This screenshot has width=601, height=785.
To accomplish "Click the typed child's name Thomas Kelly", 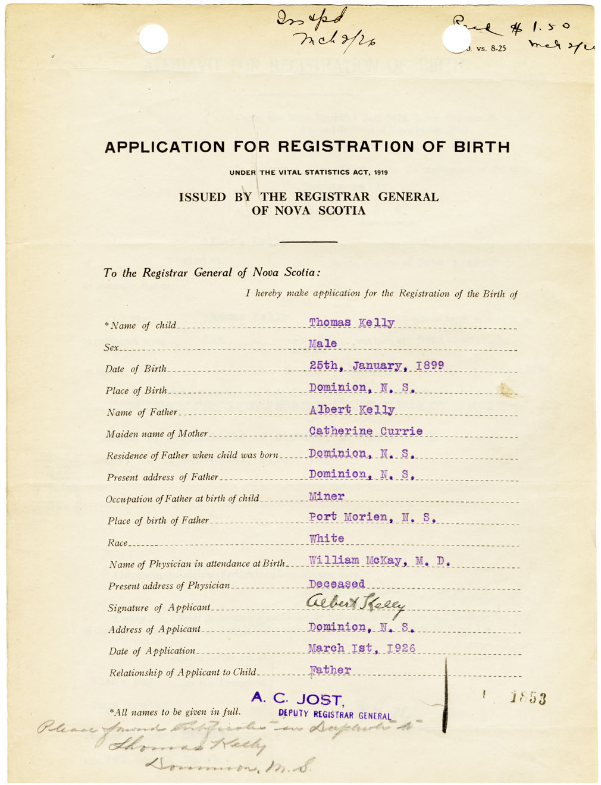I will point(351,323).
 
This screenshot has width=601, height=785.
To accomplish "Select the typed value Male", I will point(323,344).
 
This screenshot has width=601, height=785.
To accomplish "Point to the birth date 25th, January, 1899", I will point(376,365).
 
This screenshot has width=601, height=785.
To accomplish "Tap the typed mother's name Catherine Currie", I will point(365,431).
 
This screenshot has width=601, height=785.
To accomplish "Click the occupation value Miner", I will point(326,496).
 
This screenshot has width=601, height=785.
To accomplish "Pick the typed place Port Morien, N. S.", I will point(372,517).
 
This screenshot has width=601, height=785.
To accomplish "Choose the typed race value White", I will point(326,538).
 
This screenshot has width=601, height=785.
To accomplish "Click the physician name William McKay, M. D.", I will point(379,560).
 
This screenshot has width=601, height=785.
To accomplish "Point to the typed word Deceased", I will point(336,584).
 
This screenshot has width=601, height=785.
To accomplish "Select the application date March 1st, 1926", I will point(361,648).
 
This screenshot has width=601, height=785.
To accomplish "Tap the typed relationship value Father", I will point(330,670).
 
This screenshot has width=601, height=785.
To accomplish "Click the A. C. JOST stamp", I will point(297,699).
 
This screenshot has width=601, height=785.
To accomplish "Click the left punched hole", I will point(153,39).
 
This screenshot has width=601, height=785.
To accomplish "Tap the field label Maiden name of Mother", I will point(157,434).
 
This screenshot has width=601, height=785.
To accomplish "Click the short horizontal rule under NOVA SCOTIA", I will point(308,241).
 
